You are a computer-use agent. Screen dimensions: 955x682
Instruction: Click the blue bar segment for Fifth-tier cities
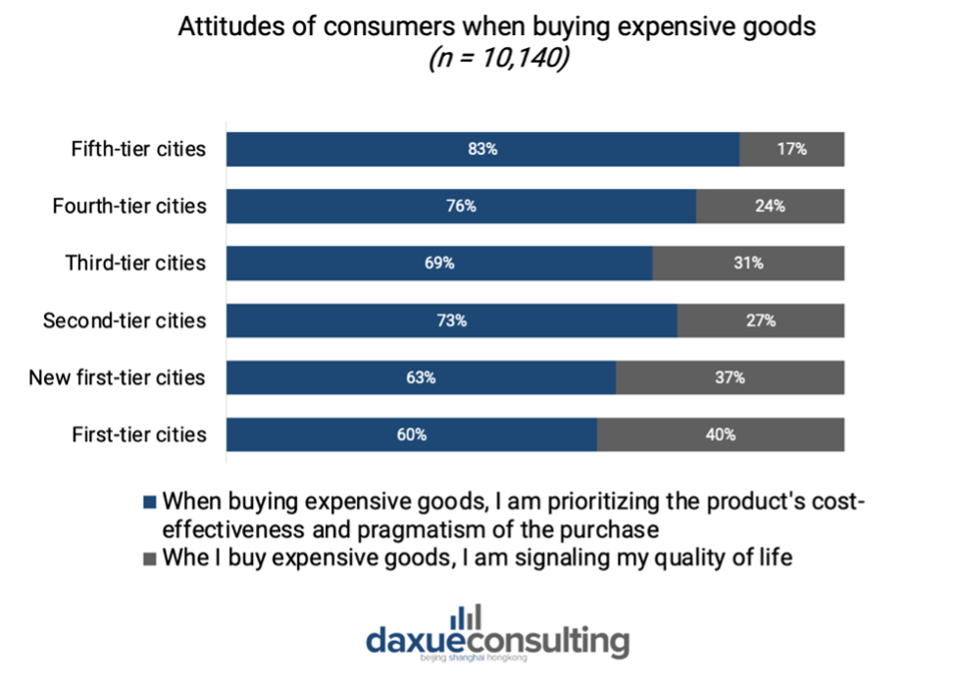(x=483, y=149)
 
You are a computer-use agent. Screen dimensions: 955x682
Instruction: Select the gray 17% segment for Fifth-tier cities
(x=792, y=149)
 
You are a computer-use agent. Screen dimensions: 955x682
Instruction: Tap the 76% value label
(x=461, y=207)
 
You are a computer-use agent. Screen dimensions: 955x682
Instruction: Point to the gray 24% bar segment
(x=771, y=207)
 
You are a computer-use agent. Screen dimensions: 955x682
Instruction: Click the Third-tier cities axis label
(x=136, y=263)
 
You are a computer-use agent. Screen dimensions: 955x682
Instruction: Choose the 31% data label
(x=748, y=263)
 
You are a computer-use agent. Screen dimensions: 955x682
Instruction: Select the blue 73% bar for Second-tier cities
(x=452, y=320)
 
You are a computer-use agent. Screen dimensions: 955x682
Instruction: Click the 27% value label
(x=761, y=320)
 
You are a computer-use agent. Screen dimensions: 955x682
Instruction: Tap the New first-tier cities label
(x=117, y=377)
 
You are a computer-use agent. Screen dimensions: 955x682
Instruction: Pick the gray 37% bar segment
(x=730, y=377)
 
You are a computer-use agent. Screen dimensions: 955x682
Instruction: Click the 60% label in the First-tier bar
(x=412, y=435)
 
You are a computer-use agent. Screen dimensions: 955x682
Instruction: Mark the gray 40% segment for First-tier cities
(x=721, y=435)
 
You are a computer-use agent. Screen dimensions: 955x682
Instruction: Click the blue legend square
(x=150, y=503)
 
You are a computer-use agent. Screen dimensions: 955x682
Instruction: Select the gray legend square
(x=150, y=559)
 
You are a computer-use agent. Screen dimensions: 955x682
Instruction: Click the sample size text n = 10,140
(x=499, y=59)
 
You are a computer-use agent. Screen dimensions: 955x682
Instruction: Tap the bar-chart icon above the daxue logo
(x=466, y=617)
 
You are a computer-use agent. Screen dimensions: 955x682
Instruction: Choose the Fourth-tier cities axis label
(x=129, y=207)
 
